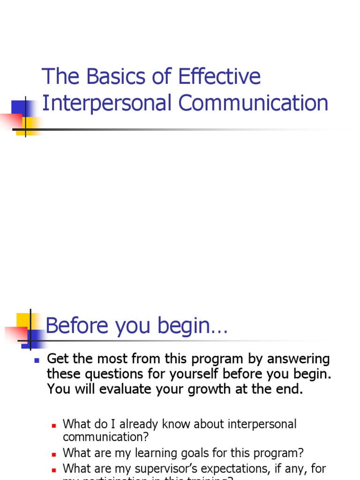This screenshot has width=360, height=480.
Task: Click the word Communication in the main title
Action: (254, 103)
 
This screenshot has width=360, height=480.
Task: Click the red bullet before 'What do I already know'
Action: (54, 425)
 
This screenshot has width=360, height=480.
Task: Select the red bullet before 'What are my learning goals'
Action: (54, 454)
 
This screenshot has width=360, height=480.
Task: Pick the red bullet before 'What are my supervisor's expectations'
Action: (54, 469)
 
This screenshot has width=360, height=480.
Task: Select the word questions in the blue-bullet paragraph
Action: (116, 375)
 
